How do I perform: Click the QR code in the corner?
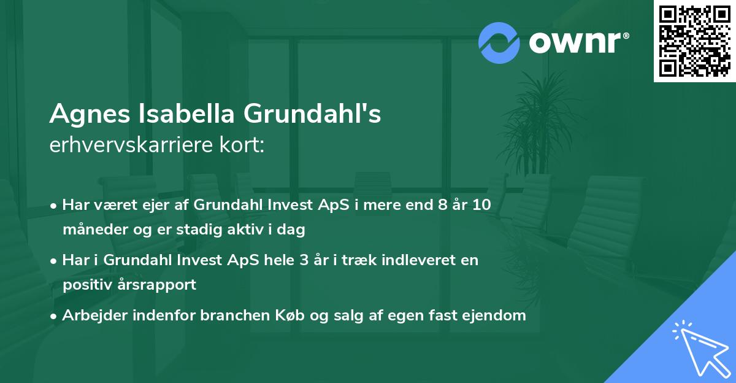(694, 41)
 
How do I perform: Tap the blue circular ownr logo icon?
(499, 43)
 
